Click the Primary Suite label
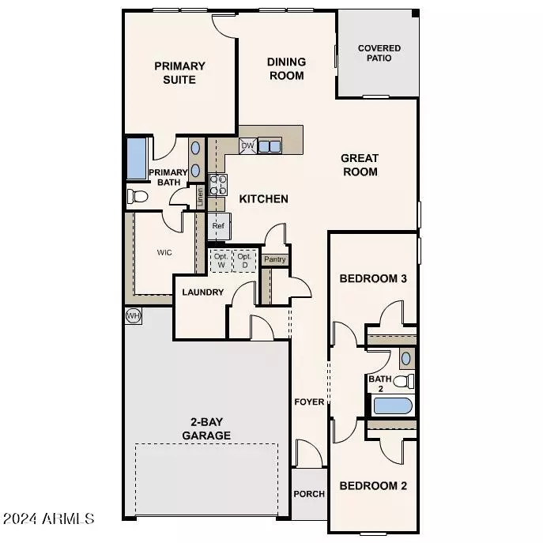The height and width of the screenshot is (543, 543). coord(179,73)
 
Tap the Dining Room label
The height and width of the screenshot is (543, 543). coord(285,69)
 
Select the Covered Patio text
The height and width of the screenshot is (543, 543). coord(379,54)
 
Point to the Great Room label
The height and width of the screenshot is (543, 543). coord(360,164)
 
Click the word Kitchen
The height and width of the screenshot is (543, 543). coord(264,199)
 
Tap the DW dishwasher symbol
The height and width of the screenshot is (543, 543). coord(247,146)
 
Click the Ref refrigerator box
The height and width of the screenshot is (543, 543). coord(219,226)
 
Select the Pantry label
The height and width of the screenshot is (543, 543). coord(275,259)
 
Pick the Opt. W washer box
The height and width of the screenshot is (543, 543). coord(221,260)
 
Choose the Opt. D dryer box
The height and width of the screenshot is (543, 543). coord(245,260)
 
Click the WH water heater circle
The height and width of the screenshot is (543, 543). coord(133,315)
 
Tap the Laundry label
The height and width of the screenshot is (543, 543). coord(203,292)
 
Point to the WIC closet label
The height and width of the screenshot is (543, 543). coord(164,252)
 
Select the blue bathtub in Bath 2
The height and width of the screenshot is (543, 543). coord(394,406)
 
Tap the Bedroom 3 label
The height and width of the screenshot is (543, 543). coord(373,279)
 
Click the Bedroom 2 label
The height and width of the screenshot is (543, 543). coord(373,485)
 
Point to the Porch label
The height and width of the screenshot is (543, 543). coord(309,494)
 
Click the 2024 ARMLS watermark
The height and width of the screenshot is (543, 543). coord(49,519)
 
